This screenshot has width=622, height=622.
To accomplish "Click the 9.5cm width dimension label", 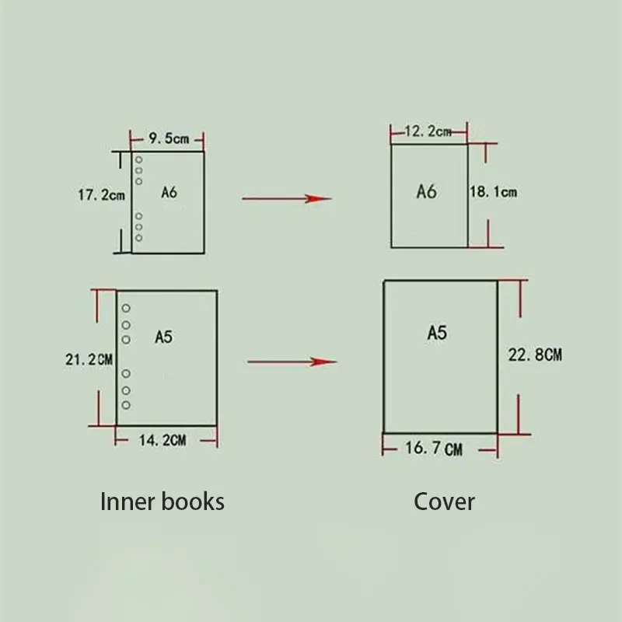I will pos(169,139).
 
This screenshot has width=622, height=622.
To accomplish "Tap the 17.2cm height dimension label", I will pos(101,195).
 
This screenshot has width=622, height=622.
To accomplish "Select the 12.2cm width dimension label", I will pos(428,131).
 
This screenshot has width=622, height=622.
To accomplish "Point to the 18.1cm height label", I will pos(493,191).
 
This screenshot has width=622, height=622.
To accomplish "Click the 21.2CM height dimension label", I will pos(89,359).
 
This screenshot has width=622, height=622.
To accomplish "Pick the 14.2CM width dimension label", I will pos(162,440).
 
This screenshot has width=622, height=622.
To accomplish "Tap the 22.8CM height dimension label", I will pos(535,355).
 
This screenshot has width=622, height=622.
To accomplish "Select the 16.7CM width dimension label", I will pos(434,449).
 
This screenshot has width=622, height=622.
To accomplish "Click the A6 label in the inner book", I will pos(169,192).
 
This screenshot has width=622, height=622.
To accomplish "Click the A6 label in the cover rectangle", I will pos(427,191).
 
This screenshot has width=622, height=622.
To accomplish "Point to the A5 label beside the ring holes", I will pos(163,337).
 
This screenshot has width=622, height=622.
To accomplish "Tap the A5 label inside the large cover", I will pos(437,333).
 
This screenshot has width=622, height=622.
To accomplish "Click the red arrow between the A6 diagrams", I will pos(287,198).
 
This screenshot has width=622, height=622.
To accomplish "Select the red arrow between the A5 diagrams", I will pos(292,362).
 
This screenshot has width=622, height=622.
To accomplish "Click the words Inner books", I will pos(162,501).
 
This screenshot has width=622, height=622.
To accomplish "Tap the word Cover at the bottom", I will pos(444,501).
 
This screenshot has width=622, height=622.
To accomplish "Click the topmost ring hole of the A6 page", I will pos(138,159).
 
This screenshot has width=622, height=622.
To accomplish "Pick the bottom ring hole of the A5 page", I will pos(126,405).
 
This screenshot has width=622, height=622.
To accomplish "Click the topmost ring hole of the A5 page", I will pos(126,309).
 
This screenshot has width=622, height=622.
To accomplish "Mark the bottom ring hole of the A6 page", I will pos(138,237).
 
